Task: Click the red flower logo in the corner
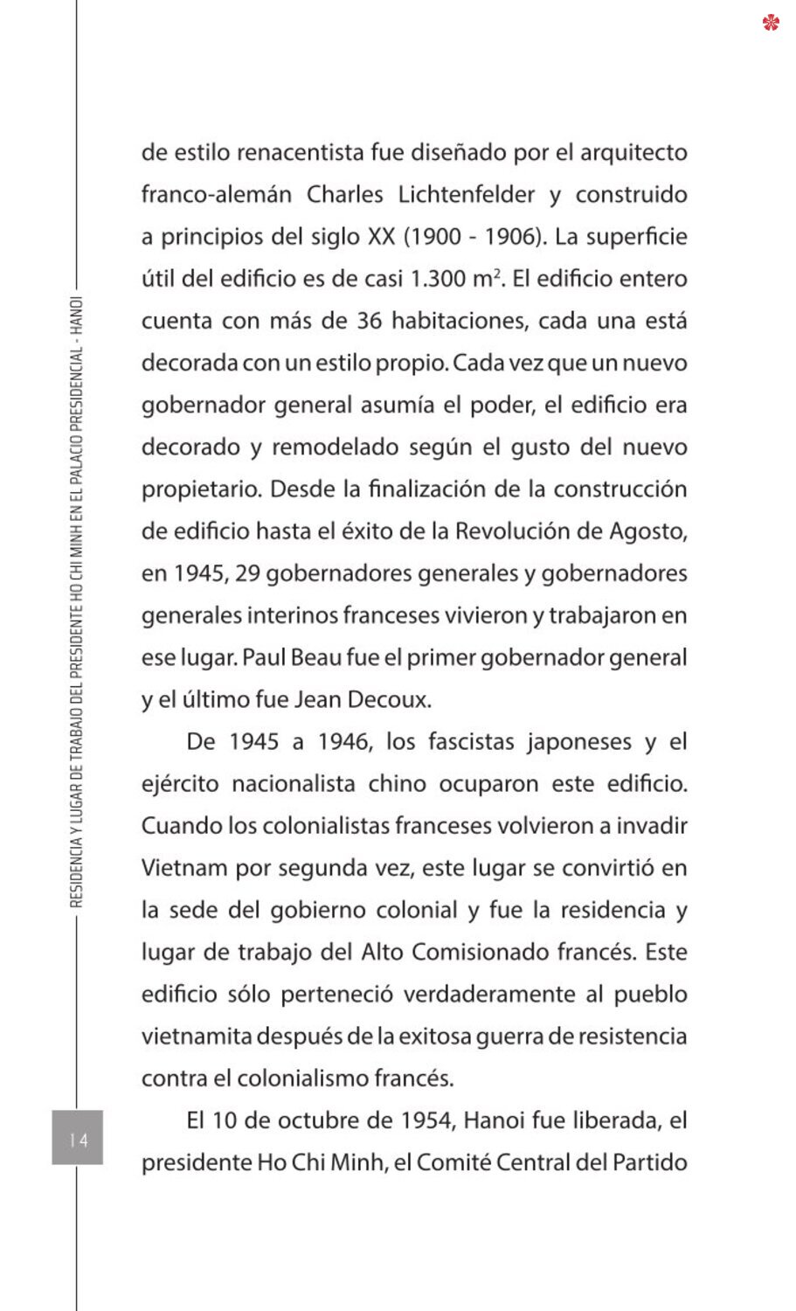(771, 22)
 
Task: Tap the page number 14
(78, 1139)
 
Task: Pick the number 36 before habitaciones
(369, 321)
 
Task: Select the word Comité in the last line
(456, 1162)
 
